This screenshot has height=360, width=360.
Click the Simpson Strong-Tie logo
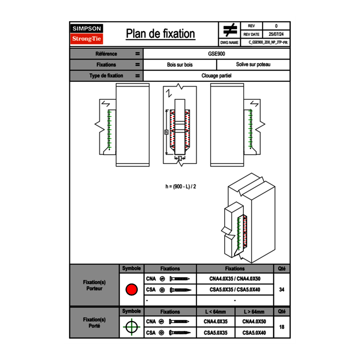tap(87, 34)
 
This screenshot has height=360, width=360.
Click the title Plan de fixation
tap(160, 34)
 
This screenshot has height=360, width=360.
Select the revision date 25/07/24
tap(276, 34)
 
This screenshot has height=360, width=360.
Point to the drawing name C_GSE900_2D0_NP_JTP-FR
tap(270, 42)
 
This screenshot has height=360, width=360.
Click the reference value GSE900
tap(216, 54)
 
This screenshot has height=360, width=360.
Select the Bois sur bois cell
tap(180, 65)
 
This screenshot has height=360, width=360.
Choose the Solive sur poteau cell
tap(253, 65)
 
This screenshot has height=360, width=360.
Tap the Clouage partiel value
tap(216, 76)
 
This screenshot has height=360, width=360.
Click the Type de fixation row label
tap(106, 76)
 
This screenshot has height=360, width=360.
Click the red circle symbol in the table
tap(131, 290)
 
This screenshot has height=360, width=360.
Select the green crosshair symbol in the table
tap(131, 327)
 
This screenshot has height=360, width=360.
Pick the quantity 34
tap(281, 290)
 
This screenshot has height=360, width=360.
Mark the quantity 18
tap(281, 327)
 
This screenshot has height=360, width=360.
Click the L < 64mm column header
tap(216, 312)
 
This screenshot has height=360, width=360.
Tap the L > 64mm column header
tap(254, 312)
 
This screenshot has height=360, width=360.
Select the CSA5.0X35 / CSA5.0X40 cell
tap(235, 290)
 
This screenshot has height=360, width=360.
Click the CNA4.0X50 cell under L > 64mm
tap(254, 322)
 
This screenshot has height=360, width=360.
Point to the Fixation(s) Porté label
tap(94, 323)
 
